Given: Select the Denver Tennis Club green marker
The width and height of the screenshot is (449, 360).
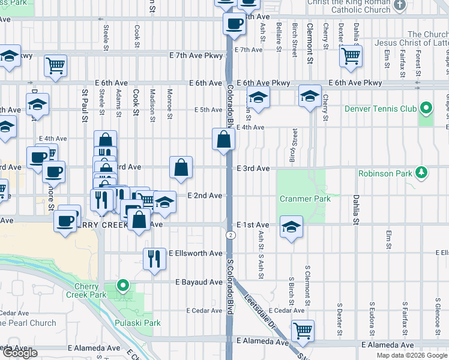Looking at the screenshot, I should [426, 109].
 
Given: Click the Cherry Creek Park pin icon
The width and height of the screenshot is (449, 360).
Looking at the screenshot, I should [123, 285].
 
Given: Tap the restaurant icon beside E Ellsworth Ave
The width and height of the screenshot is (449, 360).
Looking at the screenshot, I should [154, 258].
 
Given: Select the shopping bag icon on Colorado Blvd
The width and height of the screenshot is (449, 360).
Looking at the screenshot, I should [223, 140].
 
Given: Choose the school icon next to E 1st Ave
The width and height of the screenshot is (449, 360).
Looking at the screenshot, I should [291, 227].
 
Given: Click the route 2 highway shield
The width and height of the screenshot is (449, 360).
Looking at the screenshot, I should [231, 235].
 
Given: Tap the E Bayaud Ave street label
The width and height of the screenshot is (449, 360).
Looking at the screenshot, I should [199, 282].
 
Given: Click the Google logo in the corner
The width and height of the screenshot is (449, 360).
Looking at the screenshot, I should [19, 353].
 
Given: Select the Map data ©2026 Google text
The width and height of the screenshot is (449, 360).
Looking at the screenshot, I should [412, 355].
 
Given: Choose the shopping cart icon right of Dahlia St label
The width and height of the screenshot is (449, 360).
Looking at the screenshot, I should [351, 56].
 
